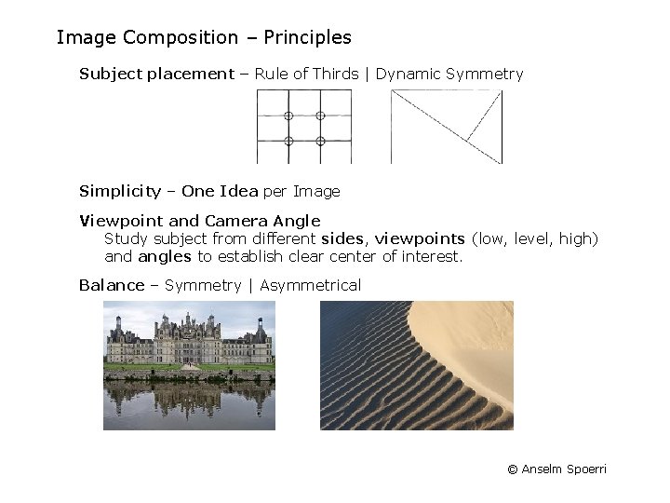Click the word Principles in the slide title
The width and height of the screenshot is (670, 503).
308,38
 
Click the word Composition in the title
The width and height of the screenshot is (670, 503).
181,38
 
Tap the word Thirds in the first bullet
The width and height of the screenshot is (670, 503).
336,74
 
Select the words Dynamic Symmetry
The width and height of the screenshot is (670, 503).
449,74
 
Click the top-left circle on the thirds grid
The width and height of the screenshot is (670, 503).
288,116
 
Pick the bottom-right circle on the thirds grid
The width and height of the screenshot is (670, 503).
320,141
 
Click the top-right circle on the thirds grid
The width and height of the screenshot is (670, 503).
320,116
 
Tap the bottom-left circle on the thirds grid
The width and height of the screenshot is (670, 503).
288,141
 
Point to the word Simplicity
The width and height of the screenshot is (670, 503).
120,191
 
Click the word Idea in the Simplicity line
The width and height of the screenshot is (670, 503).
239,191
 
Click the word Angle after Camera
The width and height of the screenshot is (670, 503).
297,221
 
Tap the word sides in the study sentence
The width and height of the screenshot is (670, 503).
343,238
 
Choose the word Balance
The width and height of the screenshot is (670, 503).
112,285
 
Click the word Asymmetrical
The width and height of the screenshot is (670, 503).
311,285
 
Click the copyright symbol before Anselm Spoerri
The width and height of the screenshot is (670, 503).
512,469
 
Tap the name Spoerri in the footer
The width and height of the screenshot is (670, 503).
586,469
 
